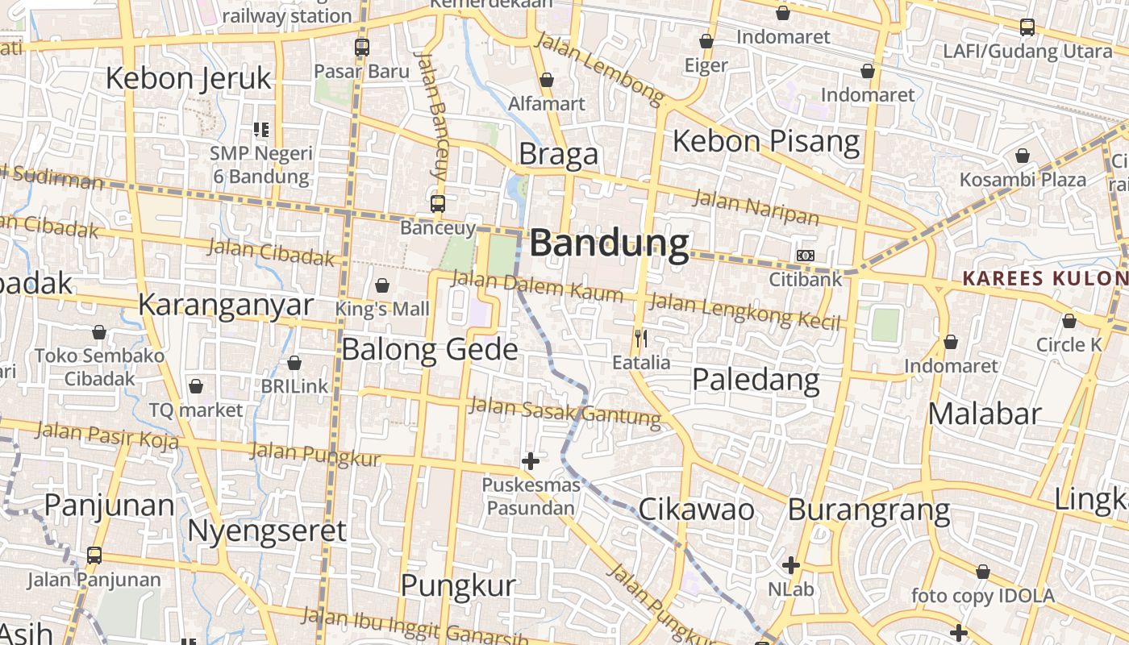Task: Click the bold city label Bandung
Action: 609,243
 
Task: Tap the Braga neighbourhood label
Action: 558,154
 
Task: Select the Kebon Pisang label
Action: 766,141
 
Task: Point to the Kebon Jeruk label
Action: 189,79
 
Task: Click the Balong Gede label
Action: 430,349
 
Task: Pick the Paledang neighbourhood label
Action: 756,379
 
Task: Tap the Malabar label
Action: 985,414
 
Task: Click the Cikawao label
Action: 696,510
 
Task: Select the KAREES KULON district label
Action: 1044,279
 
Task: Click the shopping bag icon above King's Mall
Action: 382,285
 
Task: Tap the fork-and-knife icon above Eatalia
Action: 641,339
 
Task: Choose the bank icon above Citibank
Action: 805,255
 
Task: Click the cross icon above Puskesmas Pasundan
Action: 531,461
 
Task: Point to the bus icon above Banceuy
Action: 438,203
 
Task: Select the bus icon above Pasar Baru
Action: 362,47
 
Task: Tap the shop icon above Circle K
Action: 1069,321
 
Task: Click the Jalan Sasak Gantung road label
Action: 564,410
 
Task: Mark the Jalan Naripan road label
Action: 756,206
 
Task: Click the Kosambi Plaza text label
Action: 1023,179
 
